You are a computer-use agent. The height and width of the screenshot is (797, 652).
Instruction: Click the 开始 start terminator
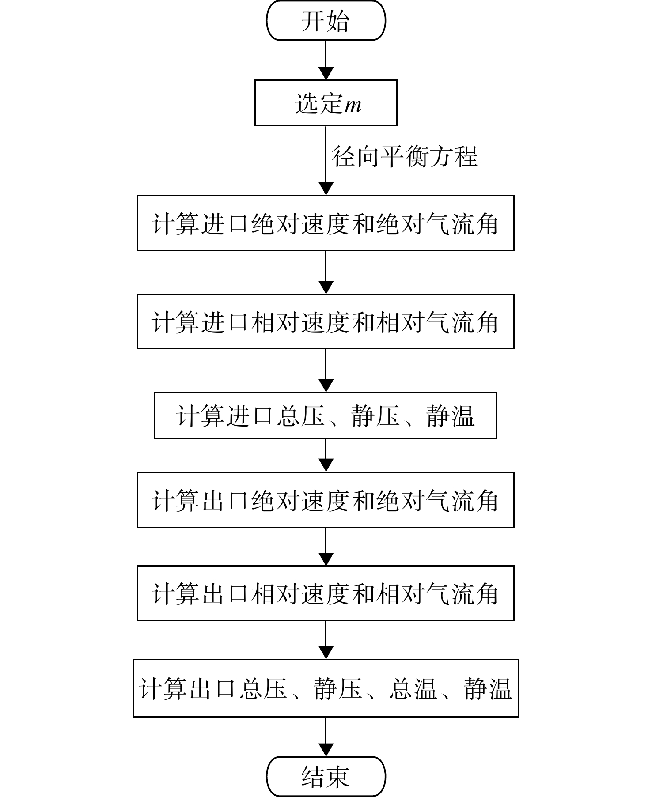[x=326, y=21]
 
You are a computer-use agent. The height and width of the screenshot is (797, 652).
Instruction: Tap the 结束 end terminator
[x=326, y=777]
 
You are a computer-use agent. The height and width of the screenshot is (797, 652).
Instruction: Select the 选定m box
[x=326, y=102]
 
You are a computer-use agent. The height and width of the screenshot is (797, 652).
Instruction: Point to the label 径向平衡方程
[x=405, y=156]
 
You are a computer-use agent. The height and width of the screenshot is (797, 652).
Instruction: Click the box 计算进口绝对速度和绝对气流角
[x=326, y=223]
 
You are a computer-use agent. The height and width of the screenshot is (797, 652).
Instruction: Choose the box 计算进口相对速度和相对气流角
[x=326, y=321]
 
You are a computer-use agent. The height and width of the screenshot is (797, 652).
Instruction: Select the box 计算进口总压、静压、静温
[x=326, y=415]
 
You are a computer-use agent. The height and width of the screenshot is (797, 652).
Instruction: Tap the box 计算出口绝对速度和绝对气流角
[x=326, y=500]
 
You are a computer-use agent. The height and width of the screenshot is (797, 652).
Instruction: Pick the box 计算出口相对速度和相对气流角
[x=326, y=593]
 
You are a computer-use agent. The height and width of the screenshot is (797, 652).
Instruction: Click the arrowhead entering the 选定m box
[x=326, y=74]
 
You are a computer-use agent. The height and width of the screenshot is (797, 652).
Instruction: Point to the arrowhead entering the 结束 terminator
[x=326, y=751]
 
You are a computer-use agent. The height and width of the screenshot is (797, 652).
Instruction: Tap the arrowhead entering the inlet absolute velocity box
[x=326, y=189]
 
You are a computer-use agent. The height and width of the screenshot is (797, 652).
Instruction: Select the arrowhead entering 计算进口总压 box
[x=326, y=386]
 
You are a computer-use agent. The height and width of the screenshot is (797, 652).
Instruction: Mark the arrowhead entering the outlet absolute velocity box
[x=326, y=466]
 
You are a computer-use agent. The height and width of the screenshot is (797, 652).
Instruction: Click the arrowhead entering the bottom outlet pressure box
[x=326, y=653]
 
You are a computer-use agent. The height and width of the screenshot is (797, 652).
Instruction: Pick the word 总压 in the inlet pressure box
[x=301, y=416]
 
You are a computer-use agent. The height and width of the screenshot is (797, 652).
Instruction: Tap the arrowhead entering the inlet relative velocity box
[x=326, y=288]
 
